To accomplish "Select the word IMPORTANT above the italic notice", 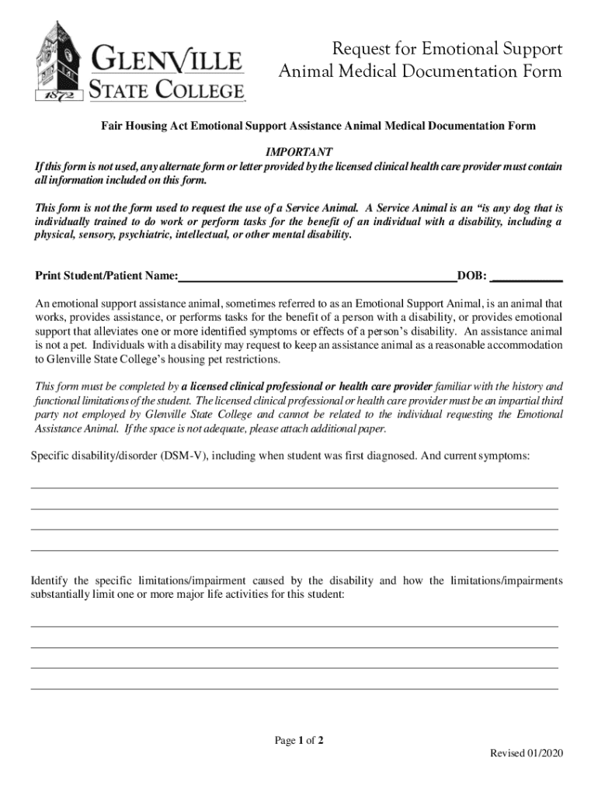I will point(299,151).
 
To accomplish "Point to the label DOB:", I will point(473,276).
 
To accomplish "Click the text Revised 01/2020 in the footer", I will point(526,754).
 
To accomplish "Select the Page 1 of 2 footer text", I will point(299,741).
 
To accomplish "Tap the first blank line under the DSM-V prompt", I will point(294,487).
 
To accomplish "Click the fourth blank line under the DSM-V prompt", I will point(294,550).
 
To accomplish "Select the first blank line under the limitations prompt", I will point(294,626).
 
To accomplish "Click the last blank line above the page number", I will point(294,689).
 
